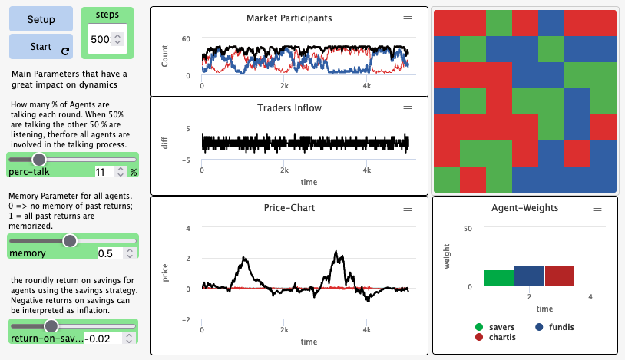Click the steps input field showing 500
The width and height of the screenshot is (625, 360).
click(101, 38)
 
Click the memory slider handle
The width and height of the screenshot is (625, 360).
click(70, 240)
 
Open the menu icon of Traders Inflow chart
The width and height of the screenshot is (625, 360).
click(408, 109)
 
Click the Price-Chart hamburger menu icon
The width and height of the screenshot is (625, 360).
click(408, 208)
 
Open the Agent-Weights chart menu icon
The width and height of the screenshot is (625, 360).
click(597, 208)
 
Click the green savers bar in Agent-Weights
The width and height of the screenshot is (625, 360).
click(498, 277)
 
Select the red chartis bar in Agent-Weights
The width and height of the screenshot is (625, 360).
click(559, 276)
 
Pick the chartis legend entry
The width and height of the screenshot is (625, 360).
click(495, 337)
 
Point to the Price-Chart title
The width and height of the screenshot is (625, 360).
click(289, 208)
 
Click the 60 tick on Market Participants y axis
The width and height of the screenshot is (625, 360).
click(186, 38)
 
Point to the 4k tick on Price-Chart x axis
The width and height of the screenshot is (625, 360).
click(367, 330)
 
